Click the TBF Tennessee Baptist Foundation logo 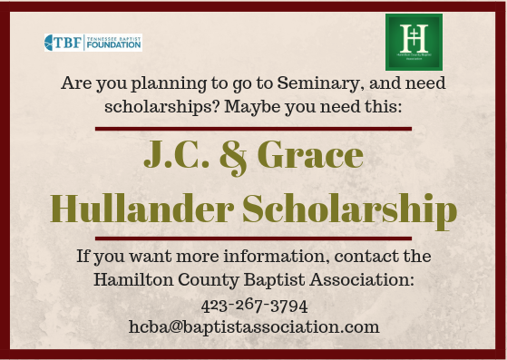(93, 43)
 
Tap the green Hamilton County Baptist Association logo (414, 42)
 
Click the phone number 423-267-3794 (252, 304)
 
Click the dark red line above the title (253, 130)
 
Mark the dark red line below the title (253, 238)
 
